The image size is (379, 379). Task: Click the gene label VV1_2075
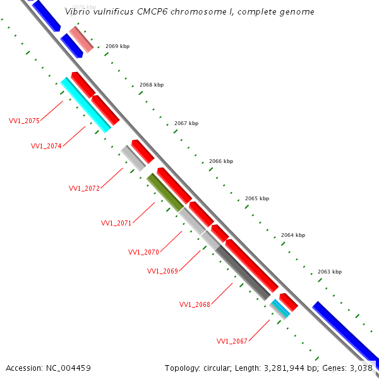pyautogui.click(x=24, y=121)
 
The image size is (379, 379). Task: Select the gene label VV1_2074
pyautogui.click(x=46, y=146)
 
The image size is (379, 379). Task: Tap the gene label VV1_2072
pyautogui.click(x=84, y=188)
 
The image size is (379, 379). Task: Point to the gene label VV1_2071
pyautogui.click(x=116, y=223)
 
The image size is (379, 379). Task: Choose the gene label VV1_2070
pyautogui.click(x=143, y=252)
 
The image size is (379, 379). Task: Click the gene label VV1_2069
pyautogui.click(x=162, y=271)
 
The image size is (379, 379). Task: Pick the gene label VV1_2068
pyautogui.click(x=195, y=304)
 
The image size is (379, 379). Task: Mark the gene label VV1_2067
pyautogui.click(x=232, y=341)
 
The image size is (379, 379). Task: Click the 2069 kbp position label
pyautogui.click(x=117, y=47)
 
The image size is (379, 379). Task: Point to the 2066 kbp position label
pyautogui.click(x=221, y=161)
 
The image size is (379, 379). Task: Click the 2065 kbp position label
pyautogui.click(x=257, y=198)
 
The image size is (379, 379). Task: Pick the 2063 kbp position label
pyautogui.click(x=330, y=272)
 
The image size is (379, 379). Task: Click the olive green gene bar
pyautogui.click(x=165, y=192)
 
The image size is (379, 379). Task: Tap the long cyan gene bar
pyautogui.click(x=86, y=105)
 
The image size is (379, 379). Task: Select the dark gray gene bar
pyautogui.click(x=243, y=272)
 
